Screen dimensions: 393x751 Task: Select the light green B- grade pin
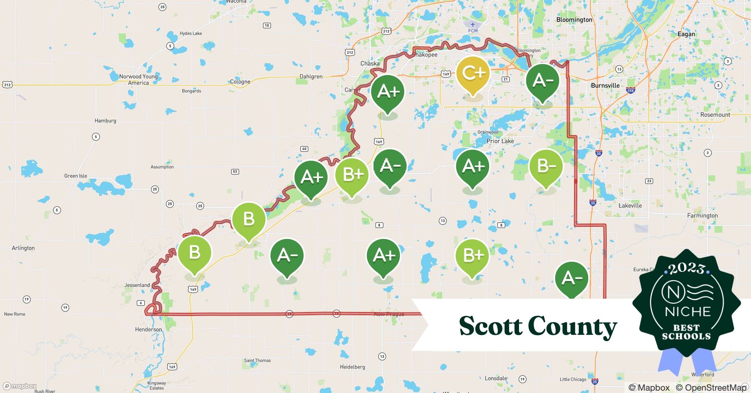[546, 167]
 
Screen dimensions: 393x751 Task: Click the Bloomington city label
[574, 20]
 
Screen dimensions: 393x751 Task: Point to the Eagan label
[686, 34]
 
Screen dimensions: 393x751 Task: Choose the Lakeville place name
[630, 206]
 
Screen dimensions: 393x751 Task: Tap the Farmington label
[702, 215]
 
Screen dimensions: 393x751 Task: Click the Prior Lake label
[500, 141]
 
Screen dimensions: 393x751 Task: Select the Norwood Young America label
[138, 79]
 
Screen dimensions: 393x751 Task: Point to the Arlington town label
[23, 248]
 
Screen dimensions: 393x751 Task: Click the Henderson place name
[148, 329]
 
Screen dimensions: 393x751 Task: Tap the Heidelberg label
[352, 367]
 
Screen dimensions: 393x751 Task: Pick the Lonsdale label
[496, 378]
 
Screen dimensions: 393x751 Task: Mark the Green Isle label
[75, 176]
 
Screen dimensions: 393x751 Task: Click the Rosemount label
[715, 115]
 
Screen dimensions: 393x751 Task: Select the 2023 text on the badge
[687, 268]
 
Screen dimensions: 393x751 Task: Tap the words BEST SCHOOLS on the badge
[687, 332]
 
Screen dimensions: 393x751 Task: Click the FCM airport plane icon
[473, 25]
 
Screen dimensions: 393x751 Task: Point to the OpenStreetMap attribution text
[711, 387]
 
